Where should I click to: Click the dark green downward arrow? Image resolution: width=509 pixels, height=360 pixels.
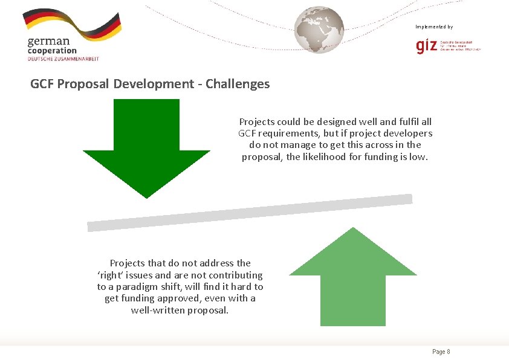tap(146, 145)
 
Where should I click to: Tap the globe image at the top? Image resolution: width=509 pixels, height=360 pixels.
tap(319, 29)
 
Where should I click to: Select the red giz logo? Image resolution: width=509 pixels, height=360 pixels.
tap(428, 46)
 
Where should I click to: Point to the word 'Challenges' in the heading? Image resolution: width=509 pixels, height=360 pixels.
tap(238, 84)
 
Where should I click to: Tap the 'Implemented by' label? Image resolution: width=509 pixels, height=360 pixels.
tap(434, 27)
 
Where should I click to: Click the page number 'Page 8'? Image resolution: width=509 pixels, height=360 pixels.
tap(441, 352)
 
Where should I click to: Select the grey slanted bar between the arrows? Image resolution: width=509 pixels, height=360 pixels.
tap(250, 213)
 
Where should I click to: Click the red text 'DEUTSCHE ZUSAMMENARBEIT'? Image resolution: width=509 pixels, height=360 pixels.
tap(63, 59)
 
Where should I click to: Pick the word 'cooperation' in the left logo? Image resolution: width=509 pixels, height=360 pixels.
tap(52, 51)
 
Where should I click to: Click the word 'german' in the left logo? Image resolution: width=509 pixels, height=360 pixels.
tap(48, 41)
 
